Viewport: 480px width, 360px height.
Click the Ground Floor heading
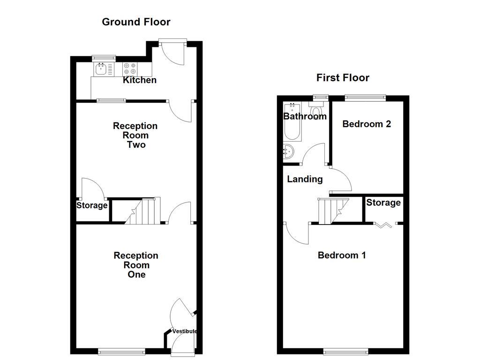click(x=136, y=22)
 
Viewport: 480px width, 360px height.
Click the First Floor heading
click(x=343, y=77)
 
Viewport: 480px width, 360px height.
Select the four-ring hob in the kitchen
click(x=130, y=69)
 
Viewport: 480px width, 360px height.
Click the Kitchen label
click(x=140, y=80)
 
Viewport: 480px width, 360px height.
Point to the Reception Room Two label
click(x=135, y=135)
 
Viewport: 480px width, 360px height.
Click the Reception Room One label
click(x=136, y=265)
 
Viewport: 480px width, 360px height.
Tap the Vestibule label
click(x=184, y=331)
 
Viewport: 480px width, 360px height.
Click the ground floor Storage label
click(x=92, y=205)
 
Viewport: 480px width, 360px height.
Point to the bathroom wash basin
click(x=289, y=151)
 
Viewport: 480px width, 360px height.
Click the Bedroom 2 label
click(x=367, y=124)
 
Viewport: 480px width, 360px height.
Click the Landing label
click(x=305, y=179)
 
